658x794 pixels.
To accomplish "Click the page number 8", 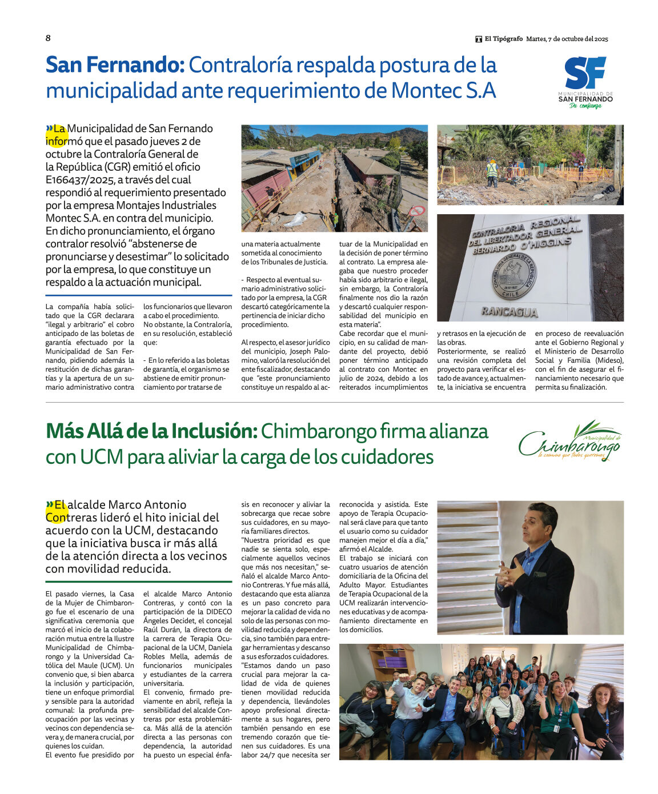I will click(48, 38).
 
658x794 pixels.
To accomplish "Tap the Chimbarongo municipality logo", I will click(570, 442).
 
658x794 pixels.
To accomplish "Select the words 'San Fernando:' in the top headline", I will click(115, 65).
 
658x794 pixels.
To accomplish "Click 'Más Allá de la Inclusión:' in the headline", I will click(151, 431).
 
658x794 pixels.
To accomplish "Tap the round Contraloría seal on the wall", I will click(514, 276).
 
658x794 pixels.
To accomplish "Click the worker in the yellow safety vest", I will click(492, 172).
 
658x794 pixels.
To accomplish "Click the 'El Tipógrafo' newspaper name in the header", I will click(503, 39).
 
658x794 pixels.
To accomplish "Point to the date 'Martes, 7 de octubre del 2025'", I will click(567, 39).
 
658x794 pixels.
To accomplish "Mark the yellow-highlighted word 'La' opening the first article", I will click(59, 129).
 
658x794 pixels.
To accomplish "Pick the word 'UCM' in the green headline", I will click(101, 458).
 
